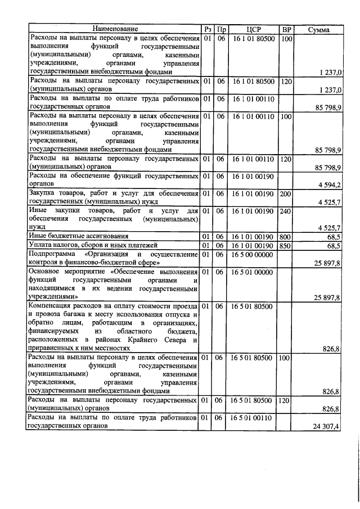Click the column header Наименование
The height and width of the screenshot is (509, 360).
[x=115, y=29]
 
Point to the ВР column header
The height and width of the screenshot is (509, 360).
[x=286, y=29]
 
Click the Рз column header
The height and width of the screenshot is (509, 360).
[x=208, y=29]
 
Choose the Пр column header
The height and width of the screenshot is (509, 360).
[x=221, y=29]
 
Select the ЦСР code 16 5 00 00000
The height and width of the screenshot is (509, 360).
[x=252, y=254]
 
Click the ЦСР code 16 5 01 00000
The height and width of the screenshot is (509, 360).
[x=252, y=272]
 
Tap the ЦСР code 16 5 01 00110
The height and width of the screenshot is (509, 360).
[x=252, y=418]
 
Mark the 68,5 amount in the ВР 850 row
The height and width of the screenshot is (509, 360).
[x=334, y=246]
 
